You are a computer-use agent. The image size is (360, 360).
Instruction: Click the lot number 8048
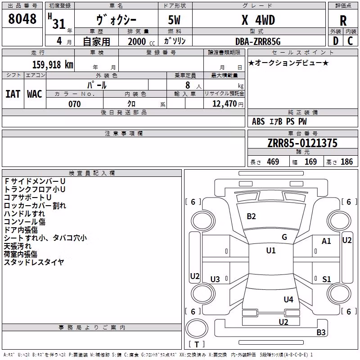[22, 18]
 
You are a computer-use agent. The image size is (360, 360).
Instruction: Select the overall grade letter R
[343, 21]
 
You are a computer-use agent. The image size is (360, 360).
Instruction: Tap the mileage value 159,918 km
[53, 64]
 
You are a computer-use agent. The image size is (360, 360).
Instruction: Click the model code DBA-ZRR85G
[258, 41]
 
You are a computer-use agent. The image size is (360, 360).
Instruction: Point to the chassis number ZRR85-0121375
[302, 143]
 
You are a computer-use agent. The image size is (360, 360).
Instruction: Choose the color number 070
[75, 104]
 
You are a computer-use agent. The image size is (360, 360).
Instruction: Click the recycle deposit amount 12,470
[224, 104]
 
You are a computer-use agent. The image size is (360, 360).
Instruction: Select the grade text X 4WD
[258, 20]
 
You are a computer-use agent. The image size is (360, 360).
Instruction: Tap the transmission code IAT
[13, 94]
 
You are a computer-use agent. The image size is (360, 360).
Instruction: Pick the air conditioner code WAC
[35, 94]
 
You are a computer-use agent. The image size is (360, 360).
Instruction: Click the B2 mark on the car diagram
[251, 216]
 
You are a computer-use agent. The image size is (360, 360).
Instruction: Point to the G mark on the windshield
[284, 237]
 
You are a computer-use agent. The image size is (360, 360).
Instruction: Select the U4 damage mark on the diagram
[288, 299]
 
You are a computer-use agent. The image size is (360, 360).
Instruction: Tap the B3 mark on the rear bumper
[321, 332]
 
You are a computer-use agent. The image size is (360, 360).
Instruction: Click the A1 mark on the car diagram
[326, 241]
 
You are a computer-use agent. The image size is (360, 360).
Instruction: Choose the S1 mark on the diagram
[327, 279]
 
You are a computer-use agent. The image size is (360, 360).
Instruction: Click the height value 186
[346, 162]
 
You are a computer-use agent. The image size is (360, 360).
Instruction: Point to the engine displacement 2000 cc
[141, 42]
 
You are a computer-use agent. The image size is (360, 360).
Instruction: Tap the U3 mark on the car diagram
[215, 279]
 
